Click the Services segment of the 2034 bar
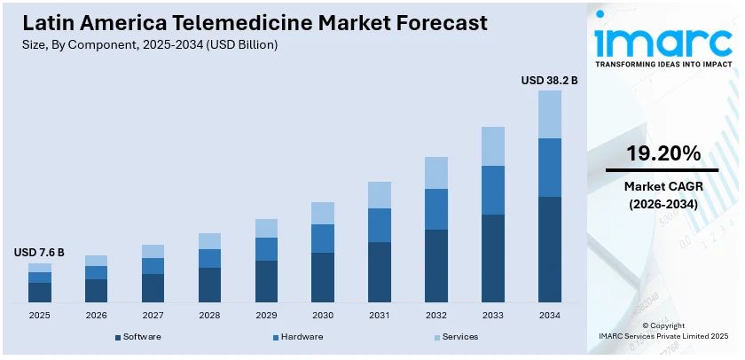(x=550, y=114)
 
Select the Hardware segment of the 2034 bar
(x=550, y=168)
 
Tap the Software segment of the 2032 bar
(x=436, y=266)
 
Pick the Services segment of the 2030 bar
(x=323, y=213)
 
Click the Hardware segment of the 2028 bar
(x=209, y=258)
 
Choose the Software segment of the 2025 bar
(x=40, y=293)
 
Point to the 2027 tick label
(x=153, y=316)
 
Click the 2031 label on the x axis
(x=380, y=316)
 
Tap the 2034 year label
(x=550, y=316)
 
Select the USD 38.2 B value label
(x=549, y=81)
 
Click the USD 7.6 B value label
(x=39, y=253)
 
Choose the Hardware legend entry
(x=302, y=337)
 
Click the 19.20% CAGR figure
(x=663, y=153)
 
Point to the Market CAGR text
(x=663, y=186)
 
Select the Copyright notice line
(x=663, y=325)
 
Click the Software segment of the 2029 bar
(x=266, y=281)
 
